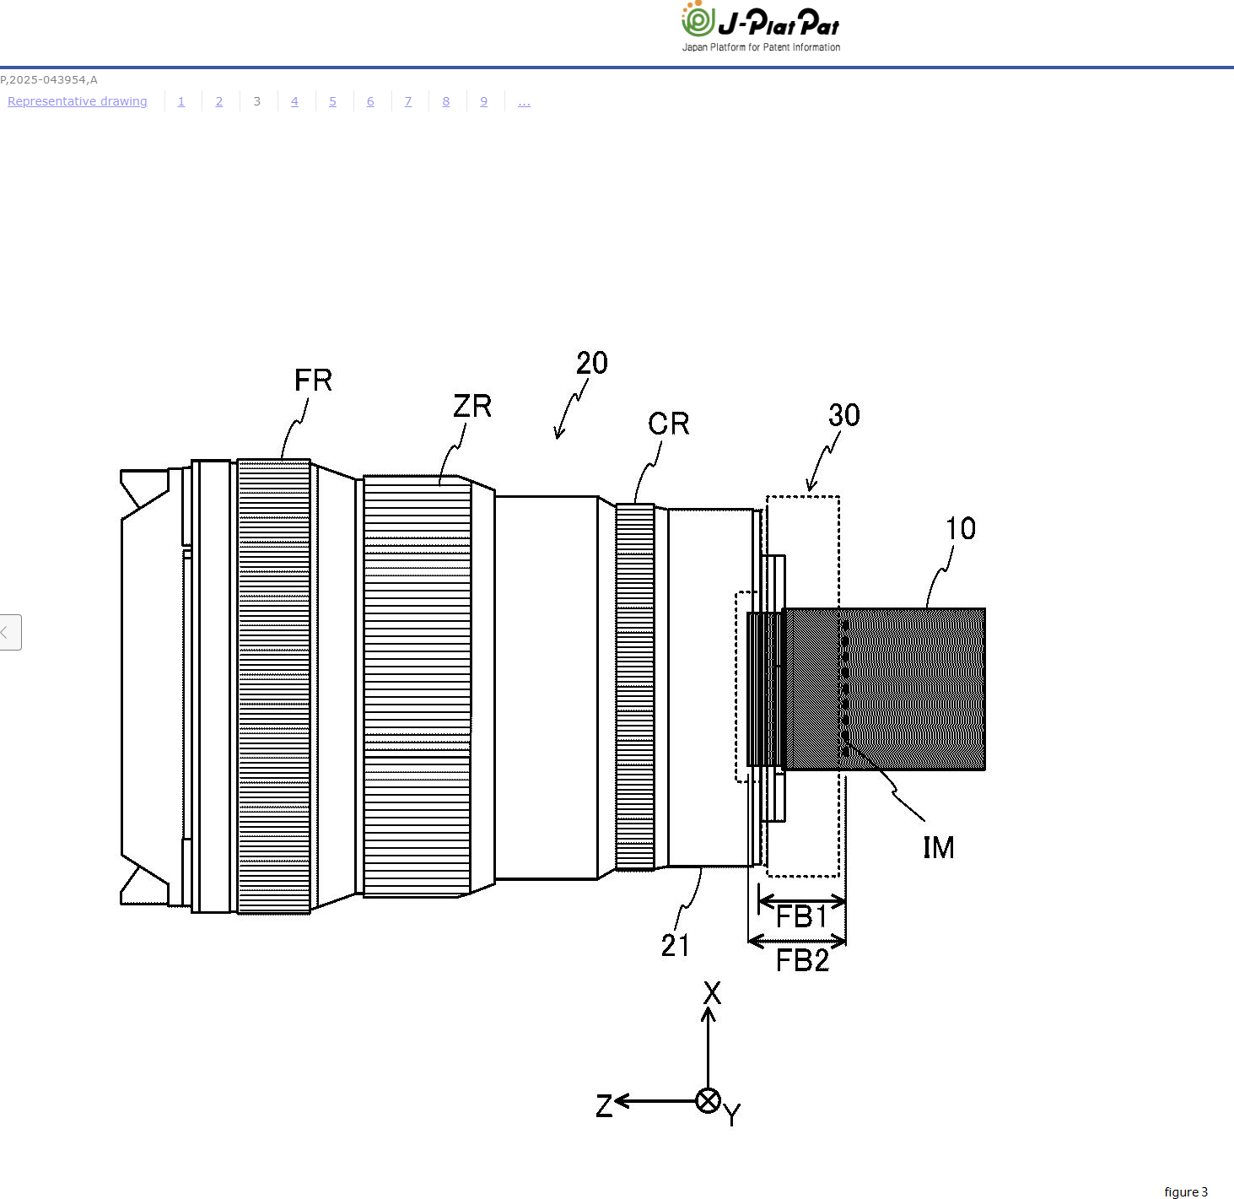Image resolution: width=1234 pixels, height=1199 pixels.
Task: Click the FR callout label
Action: point(313,380)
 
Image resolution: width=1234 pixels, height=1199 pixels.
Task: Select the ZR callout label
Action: point(472,406)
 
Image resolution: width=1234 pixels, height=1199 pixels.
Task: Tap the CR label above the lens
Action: point(668,423)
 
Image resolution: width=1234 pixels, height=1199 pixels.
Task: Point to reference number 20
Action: point(591,363)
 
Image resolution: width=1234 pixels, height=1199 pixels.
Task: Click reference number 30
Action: point(844,415)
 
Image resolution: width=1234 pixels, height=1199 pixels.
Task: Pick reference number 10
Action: point(960,528)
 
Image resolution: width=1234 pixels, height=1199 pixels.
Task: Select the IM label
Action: point(939,847)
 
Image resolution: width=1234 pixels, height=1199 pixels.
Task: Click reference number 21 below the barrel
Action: point(675,945)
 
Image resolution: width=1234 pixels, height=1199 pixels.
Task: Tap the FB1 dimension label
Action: point(802,916)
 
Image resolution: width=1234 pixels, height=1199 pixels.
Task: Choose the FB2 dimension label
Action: point(802,960)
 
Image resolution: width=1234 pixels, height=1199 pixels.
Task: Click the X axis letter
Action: point(712,993)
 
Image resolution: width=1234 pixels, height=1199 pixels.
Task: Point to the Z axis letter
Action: point(604,1105)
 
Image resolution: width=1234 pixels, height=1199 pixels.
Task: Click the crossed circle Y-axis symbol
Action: point(708,1100)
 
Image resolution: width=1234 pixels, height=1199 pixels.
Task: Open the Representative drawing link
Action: point(78,101)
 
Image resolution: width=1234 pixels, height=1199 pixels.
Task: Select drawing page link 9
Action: point(484,101)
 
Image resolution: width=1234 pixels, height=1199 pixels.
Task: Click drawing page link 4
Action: point(294,101)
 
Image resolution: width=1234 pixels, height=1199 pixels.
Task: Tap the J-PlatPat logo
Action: point(760,26)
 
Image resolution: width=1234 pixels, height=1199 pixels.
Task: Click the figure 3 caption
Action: point(1186,1192)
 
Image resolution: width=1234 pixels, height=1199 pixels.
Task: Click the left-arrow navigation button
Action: point(10,632)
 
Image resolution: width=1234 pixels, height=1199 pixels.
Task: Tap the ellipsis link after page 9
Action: point(524,102)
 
